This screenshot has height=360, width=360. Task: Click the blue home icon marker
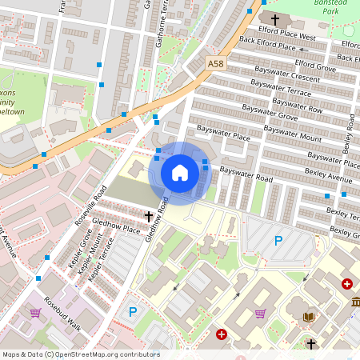[x=180, y=173]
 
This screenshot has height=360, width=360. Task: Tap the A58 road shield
[x=215, y=62]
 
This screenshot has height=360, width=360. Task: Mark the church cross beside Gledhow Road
[x=148, y=216]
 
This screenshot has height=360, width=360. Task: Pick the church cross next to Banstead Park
[x=275, y=18]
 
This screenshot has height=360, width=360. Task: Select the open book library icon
[x=309, y=317]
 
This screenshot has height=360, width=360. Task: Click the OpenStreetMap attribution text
[x=80, y=354]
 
